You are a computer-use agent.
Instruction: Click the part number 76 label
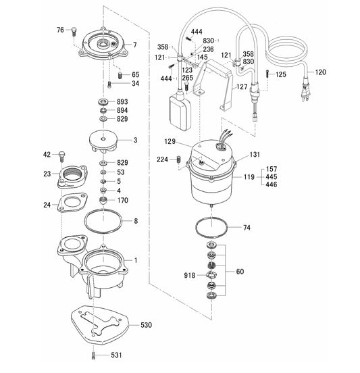pyautogui.click(x=60, y=30)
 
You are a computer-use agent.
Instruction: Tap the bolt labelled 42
pyautogui.click(x=62, y=156)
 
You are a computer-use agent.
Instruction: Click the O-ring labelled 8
pyautogui.click(x=103, y=221)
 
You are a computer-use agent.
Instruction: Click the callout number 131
pyautogui.click(x=253, y=155)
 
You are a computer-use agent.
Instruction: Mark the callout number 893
pyautogui.click(x=122, y=101)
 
